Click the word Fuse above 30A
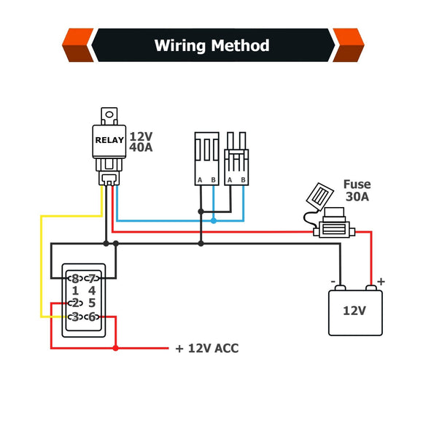point(357,185)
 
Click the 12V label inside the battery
point(354,311)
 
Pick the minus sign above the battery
point(333,282)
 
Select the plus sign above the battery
point(381,282)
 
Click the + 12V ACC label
point(206,349)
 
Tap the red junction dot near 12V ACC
point(116,349)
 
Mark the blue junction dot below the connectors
point(213,220)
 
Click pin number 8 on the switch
point(74,279)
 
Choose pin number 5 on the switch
point(92,303)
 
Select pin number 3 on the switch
point(74,317)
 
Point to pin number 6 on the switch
point(92,317)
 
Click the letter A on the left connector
point(199,180)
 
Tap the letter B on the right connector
point(241,180)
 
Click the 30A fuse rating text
point(357,198)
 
